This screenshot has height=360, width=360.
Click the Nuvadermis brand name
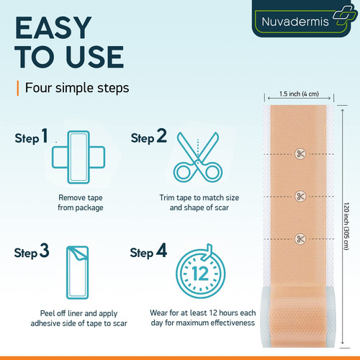[295, 22]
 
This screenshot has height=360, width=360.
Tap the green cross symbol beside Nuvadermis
[343, 15]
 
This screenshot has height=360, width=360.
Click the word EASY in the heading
[53, 28]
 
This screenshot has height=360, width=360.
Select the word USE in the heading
[95, 57]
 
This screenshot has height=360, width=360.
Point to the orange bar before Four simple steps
[18, 88]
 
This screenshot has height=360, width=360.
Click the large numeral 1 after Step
[45, 135]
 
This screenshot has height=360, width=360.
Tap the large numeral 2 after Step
[161, 135]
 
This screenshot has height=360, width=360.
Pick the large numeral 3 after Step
[45, 251]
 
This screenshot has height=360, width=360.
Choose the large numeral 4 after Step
[161, 251]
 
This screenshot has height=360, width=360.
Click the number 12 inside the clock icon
[200, 274]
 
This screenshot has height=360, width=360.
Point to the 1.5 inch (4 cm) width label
[299, 94]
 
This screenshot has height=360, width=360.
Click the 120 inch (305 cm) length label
[346, 226]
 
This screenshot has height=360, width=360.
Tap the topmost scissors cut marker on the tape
[300, 153]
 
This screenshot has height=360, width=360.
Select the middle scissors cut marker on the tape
[300, 197]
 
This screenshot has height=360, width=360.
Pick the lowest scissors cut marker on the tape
[300, 239]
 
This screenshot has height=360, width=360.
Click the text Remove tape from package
[81, 202]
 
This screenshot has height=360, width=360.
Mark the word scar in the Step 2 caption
[222, 207]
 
